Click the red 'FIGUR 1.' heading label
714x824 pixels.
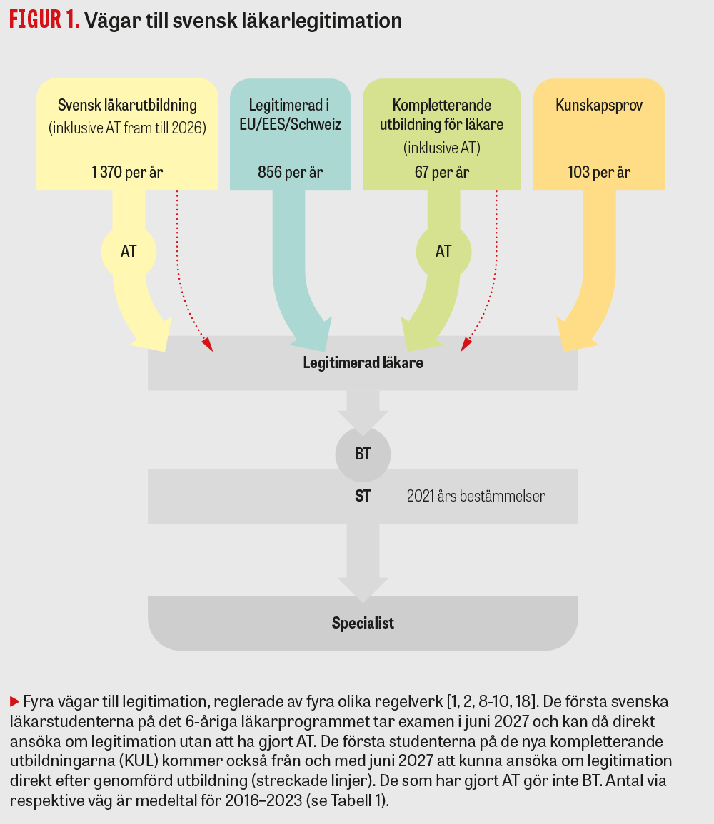(44, 21)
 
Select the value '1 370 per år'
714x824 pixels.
(128, 173)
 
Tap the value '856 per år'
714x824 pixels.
(290, 173)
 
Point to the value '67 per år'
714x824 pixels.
(442, 173)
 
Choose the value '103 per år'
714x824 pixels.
(599, 173)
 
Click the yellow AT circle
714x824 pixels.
(129, 251)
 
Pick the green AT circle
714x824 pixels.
(443, 251)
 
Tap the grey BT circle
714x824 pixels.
(363, 454)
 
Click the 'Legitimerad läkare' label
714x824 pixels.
(363, 363)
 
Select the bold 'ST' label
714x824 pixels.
(363, 496)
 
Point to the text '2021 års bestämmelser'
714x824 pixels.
(476, 496)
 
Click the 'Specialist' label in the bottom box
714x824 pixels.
(363, 624)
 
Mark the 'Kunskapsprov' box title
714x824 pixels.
(599, 106)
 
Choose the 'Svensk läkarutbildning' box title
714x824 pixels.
(128, 106)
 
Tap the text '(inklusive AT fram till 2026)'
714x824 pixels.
(128, 128)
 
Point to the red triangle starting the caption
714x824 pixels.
(14, 700)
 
